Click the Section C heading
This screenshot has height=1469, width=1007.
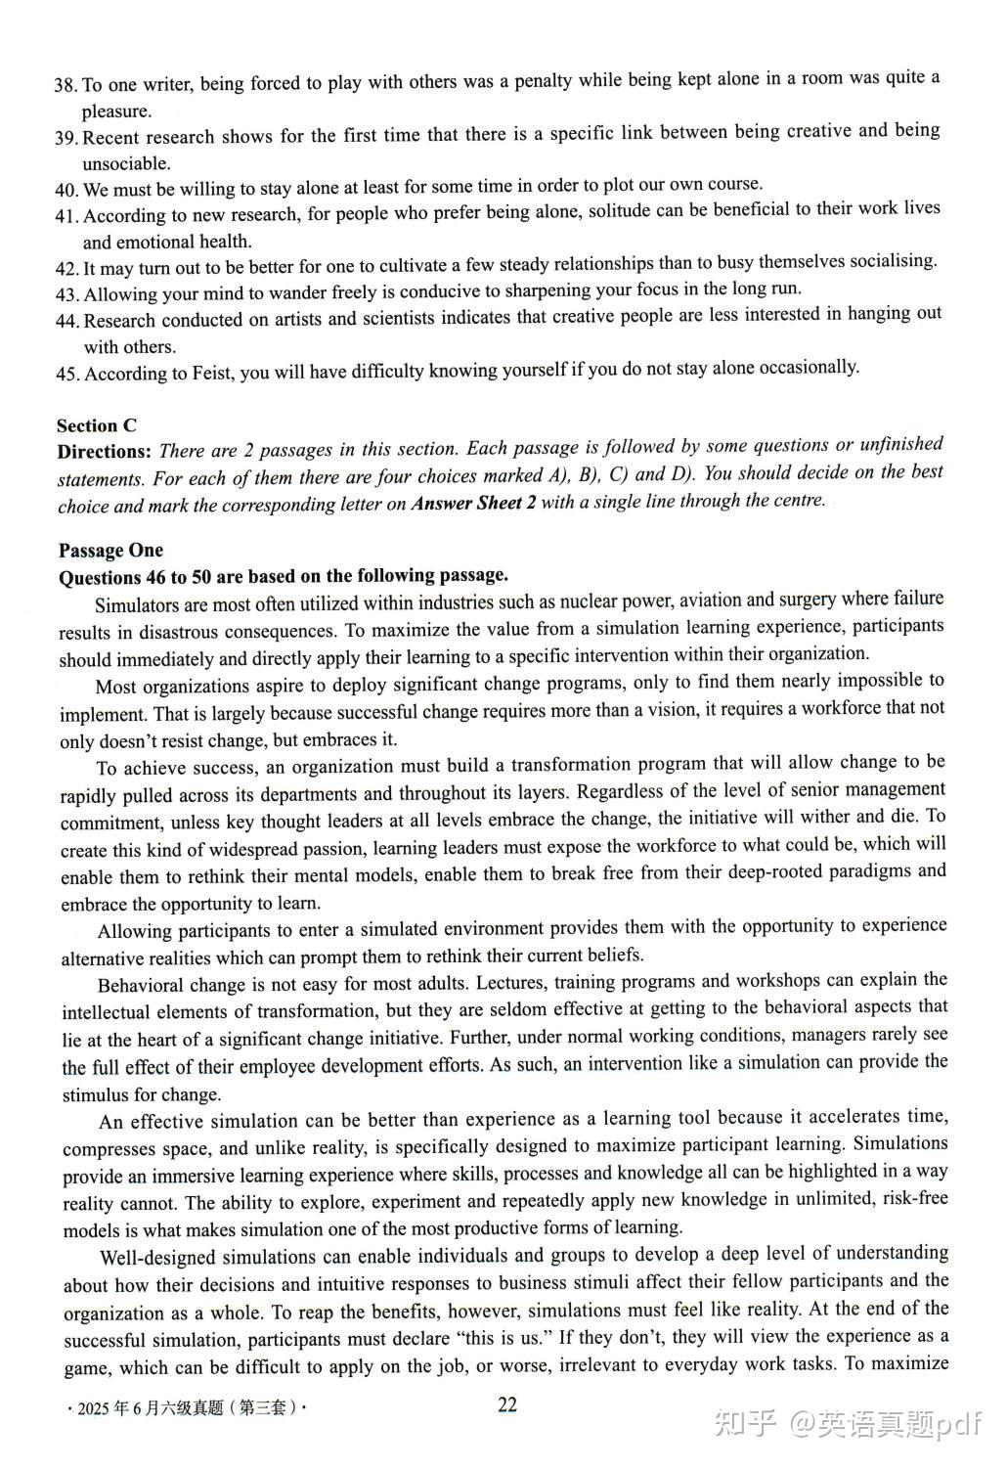coord(96,425)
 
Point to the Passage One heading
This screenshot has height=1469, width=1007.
coord(110,551)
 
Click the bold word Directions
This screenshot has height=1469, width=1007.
coord(104,452)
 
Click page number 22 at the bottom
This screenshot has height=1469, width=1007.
coord(507,1405)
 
